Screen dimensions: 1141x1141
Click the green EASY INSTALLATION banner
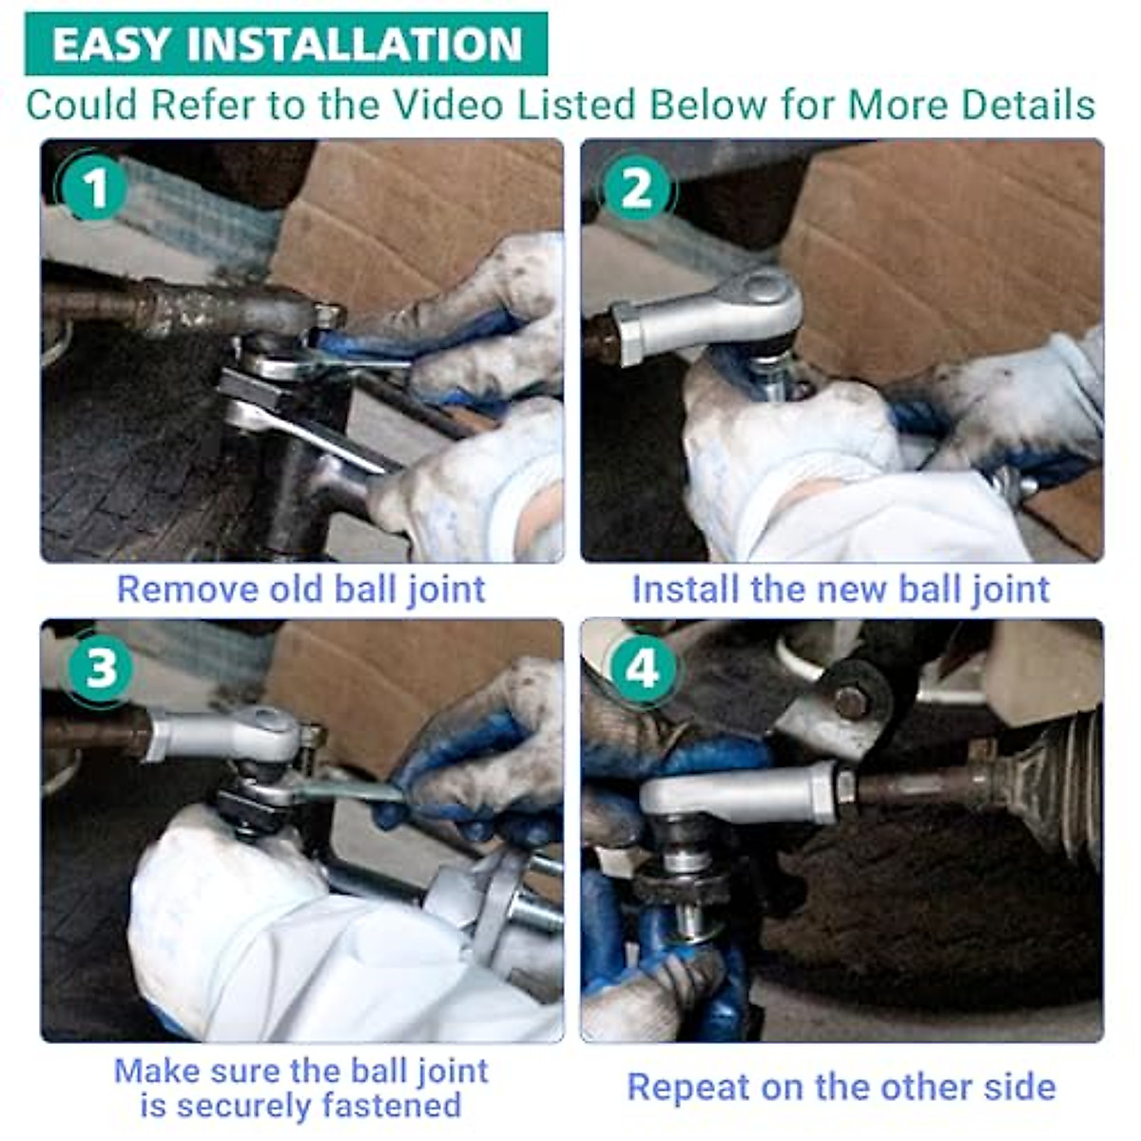tap(286, 44)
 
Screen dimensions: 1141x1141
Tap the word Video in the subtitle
tap(448, 105)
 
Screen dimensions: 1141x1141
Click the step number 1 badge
tap(93, 188)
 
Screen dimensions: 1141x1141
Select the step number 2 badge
tap(636, 188)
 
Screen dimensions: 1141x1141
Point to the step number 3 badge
tap(100, 668)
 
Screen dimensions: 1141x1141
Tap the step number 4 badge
tap(642, 668)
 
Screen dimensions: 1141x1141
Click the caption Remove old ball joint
tap(300, 590)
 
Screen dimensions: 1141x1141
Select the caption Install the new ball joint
tap(841, 590)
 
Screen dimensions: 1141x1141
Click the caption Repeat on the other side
tap(841, 1087)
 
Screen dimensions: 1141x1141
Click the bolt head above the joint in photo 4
tap(851, 702)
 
